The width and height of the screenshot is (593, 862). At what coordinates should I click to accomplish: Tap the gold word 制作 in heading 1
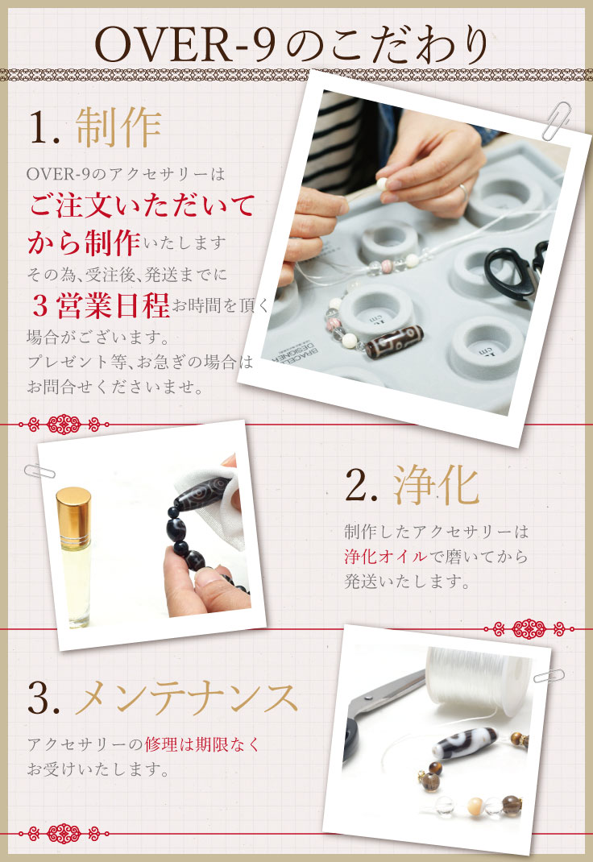pos(118,126)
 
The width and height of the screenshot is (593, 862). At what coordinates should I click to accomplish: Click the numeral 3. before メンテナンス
pos(44,698)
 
